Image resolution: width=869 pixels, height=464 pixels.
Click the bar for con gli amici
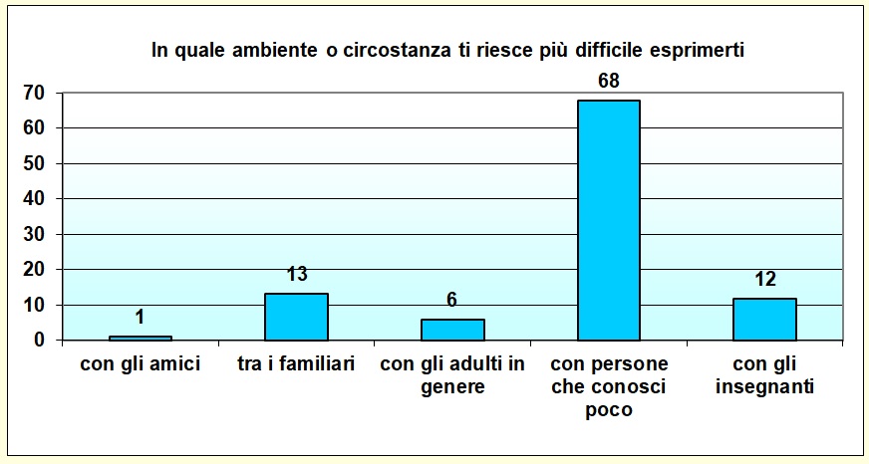coord(141,338)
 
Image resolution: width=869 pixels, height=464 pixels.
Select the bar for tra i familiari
coord(296,317)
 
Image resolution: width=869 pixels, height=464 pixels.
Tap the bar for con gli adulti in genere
coord(452,330)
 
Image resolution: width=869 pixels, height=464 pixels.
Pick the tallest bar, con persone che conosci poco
coord(608,220)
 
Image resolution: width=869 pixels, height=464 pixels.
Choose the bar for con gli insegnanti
coord(764,319)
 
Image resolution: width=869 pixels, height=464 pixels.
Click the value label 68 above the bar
coord(609,81)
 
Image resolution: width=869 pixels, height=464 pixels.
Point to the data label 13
coord(297,274)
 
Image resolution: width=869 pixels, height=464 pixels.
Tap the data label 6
coord(452,300)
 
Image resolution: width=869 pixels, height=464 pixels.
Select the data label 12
coord(764,279)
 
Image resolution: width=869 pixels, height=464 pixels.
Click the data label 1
coord(141,317)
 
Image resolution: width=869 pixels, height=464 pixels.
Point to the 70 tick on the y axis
coord(35,94)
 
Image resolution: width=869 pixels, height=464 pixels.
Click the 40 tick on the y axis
coord(35,199)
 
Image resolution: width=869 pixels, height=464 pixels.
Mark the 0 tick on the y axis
coord(40,341)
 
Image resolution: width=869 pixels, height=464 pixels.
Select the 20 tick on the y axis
coord(35,270)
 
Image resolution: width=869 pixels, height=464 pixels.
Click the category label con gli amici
coord(141,364)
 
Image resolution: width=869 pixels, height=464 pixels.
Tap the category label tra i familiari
coord(296,364)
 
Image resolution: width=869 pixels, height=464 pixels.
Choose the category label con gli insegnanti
coord(764,375)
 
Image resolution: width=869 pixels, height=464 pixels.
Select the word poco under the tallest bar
coord(609,409)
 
